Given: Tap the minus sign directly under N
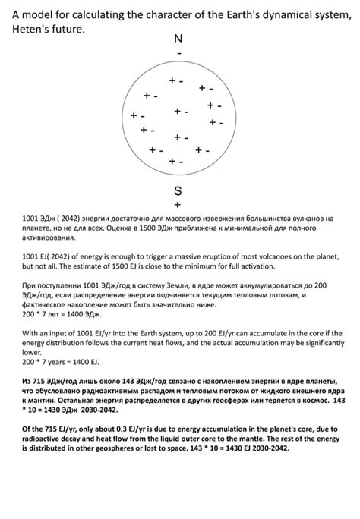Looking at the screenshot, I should (x=179, y=54).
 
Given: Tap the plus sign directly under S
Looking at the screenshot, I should (x=178, y=204).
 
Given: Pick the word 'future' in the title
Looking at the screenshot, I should (x=68, y=28).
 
